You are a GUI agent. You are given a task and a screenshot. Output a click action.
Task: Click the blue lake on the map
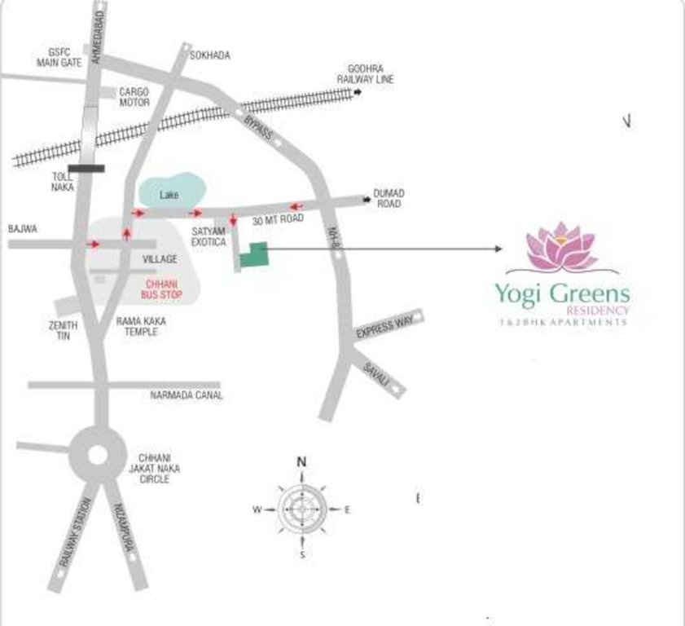[169, 191]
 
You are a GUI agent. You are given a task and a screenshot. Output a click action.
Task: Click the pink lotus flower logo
[561, 246]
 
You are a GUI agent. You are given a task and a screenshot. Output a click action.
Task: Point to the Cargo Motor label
[134, 98]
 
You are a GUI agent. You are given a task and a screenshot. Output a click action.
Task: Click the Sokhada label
[209, 55]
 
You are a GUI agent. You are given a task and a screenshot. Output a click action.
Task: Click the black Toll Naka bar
[86, 169]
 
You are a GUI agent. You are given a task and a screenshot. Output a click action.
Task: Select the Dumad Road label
[389, 198]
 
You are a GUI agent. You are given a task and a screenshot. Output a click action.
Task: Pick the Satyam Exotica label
[209, 236]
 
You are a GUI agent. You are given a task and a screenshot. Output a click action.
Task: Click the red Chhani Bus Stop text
[161, 288]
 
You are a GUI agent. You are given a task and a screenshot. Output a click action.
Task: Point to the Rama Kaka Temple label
[140, 327]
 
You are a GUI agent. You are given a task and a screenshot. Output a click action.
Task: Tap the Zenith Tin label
[63, 330]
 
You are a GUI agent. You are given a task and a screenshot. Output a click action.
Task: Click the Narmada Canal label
[186, 395]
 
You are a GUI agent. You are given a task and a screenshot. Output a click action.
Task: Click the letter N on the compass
[301, 462]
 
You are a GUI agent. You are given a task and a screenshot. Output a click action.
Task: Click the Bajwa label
[23, 229]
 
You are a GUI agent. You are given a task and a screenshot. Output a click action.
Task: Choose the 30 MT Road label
[278, 220]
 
